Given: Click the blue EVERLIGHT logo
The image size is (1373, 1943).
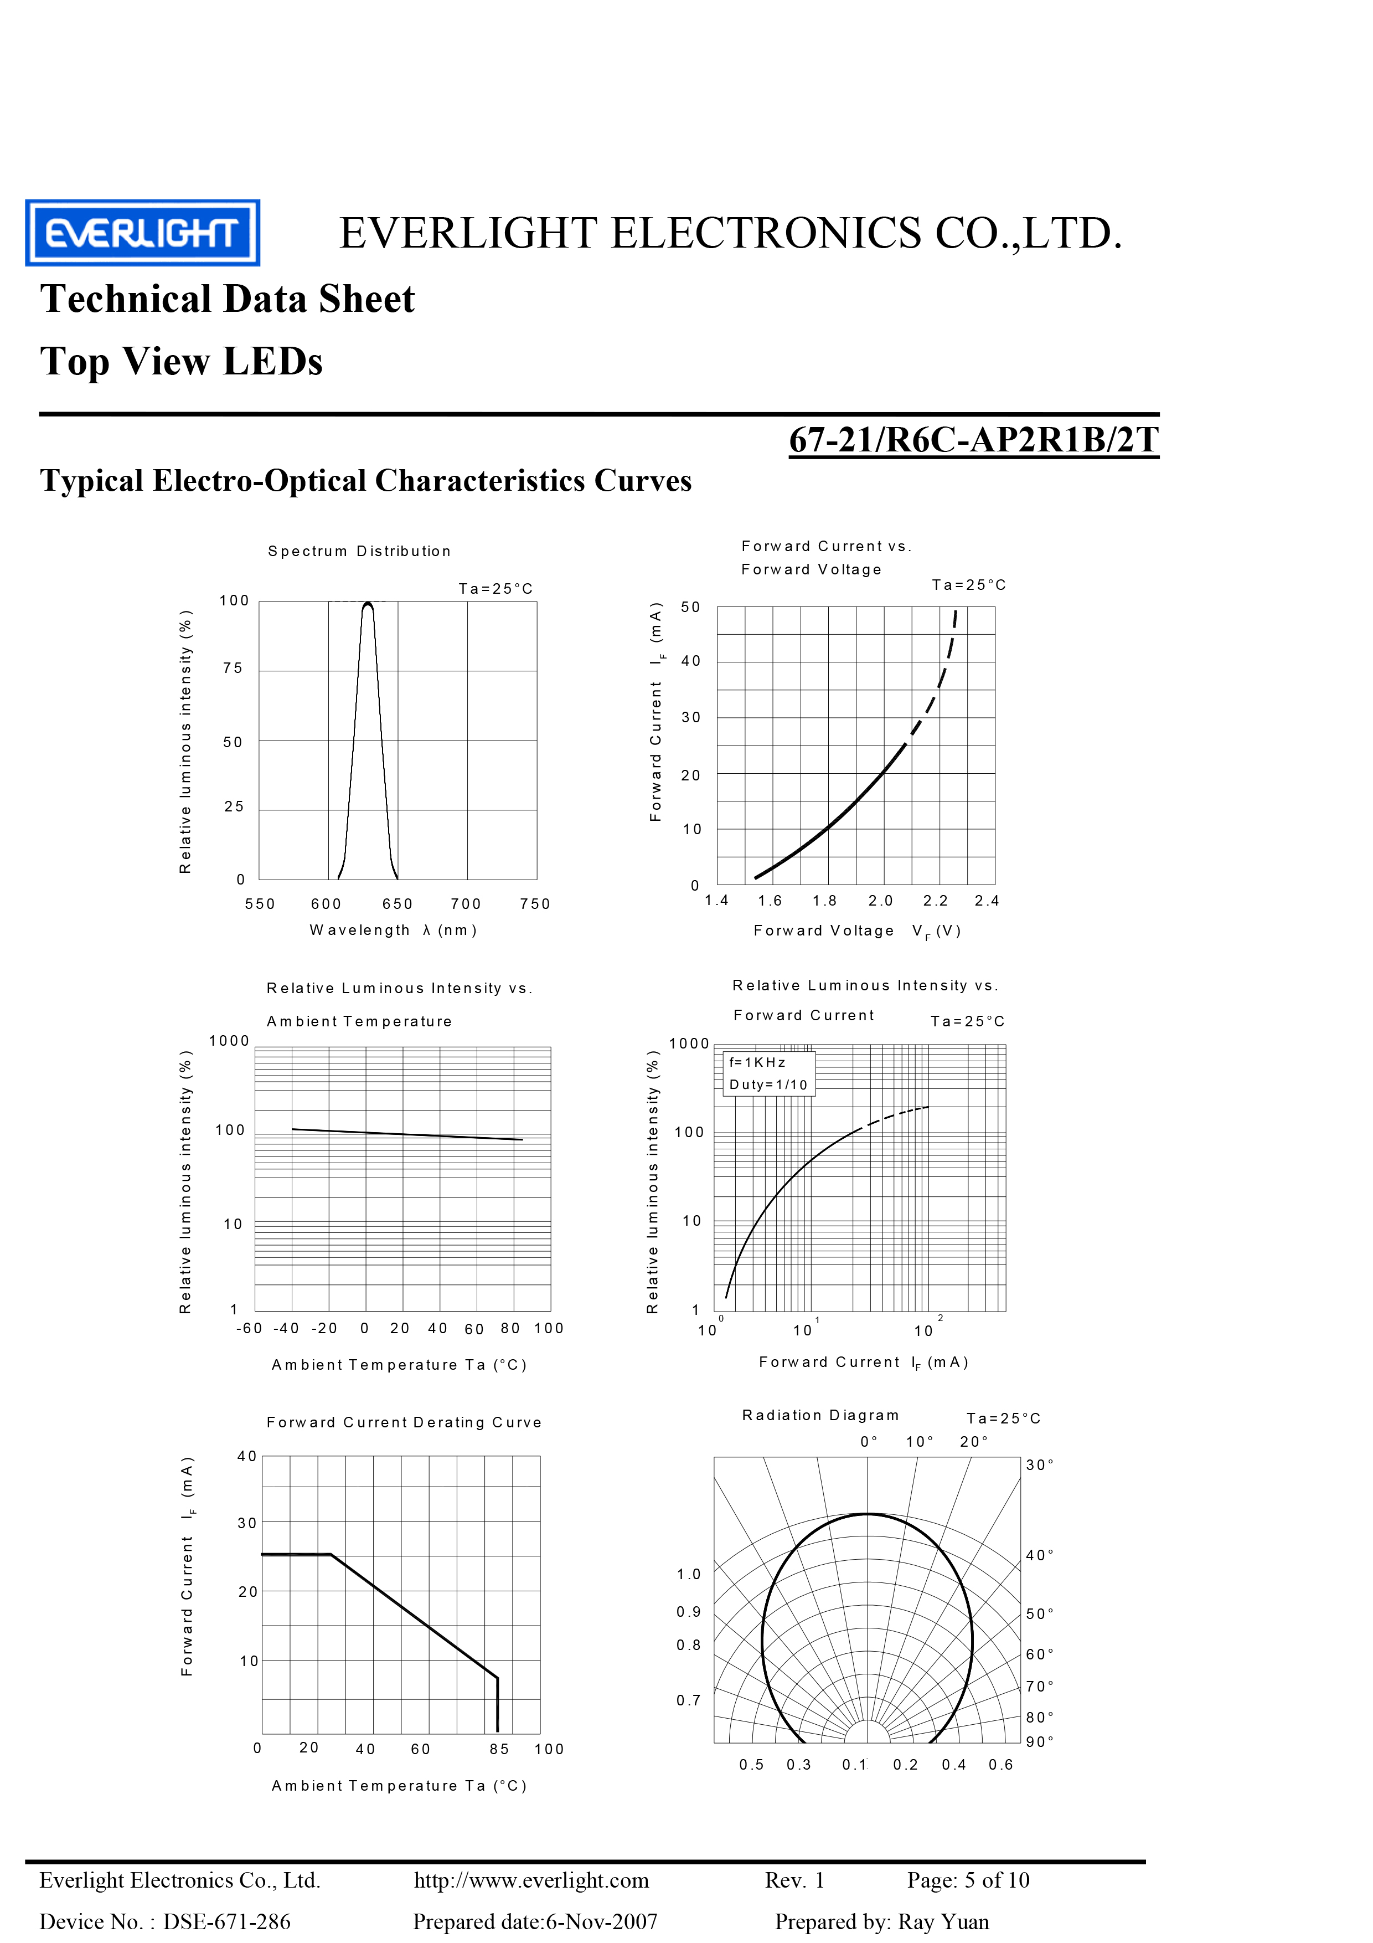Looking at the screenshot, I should pos(142,233).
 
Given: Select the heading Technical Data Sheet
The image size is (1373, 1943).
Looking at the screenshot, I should pos(228,300).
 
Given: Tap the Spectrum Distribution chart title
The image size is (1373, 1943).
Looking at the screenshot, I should pos(359,551).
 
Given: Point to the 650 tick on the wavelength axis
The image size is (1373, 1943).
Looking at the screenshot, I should pos(397,904).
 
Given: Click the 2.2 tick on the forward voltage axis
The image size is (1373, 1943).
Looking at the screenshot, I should pos(935,901).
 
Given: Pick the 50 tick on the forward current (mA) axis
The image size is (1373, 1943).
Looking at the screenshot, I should pos(690,606).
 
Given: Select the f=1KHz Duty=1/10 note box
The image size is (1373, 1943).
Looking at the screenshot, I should pos(768,1073).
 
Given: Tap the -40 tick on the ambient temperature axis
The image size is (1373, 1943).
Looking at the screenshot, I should pos(286,1328).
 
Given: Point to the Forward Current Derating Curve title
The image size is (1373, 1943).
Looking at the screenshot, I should pos(404,1422).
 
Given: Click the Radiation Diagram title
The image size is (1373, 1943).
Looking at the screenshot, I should pos(820,1415).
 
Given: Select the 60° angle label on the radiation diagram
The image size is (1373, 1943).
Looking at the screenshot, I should pos(1039,1653).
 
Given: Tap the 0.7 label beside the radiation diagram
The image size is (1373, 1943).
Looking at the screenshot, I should pos(688,1700).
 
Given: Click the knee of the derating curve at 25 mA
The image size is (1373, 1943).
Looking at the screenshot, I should pos(330,1555).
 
